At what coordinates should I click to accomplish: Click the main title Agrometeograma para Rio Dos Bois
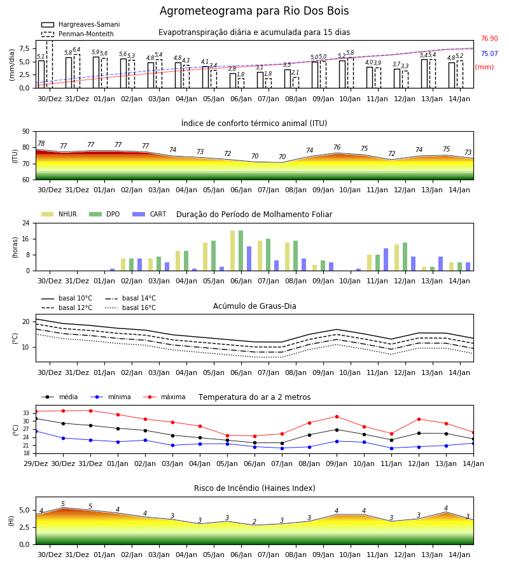254,11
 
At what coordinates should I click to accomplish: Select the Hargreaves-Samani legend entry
81,24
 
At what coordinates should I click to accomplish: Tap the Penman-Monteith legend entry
78,34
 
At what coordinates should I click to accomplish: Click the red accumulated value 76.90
489,38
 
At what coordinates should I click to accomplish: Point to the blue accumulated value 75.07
489,53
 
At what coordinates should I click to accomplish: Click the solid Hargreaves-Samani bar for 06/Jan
233,81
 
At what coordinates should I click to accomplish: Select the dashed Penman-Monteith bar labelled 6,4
77,71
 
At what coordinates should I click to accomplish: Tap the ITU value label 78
41,144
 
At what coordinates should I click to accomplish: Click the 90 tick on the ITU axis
26,132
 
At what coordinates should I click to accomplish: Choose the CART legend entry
150,214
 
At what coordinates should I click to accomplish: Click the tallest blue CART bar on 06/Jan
249,258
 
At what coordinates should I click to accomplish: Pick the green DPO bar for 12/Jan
405,257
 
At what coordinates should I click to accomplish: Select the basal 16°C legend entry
130,308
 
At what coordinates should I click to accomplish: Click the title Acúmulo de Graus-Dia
254,306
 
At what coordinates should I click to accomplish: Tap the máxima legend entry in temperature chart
164,397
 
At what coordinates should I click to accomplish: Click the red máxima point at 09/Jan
337,416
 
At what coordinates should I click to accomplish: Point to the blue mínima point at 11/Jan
391,448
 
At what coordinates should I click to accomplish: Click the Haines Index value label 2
254,521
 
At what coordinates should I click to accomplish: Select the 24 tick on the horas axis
26,223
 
